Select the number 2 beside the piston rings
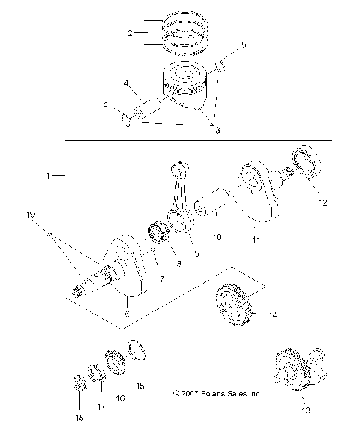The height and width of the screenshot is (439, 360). tap(130, 33)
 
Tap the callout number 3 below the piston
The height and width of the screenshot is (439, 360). tap(217, 131)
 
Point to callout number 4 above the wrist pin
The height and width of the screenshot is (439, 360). tap(126, 84)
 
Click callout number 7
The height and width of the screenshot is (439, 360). tap(159, 278)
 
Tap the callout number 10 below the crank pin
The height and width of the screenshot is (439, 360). tap(217, 237)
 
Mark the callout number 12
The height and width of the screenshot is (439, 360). tap(324, 203)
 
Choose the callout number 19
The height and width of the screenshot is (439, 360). tap(31, 215)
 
